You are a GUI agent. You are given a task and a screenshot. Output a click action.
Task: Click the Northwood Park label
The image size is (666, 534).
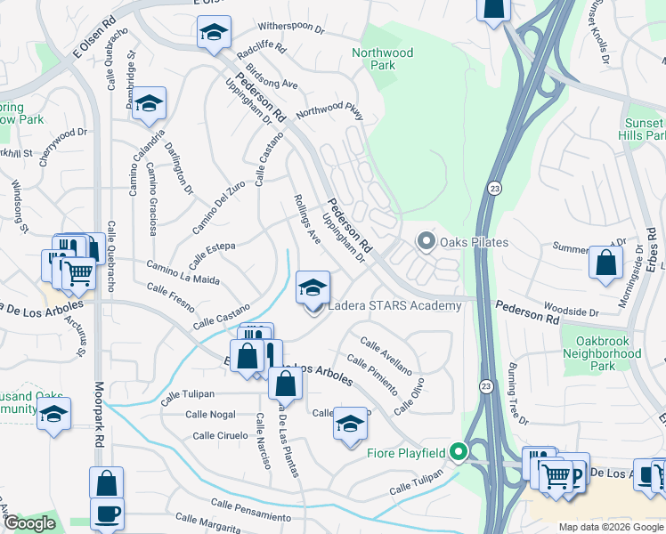pos(382,59)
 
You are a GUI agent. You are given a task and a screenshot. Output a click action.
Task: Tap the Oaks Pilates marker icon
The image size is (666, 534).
pos(426,242)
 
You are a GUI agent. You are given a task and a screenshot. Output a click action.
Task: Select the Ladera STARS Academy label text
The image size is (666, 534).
pos(395,306)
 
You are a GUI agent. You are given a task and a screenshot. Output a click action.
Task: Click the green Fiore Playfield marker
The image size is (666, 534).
pos(459,453)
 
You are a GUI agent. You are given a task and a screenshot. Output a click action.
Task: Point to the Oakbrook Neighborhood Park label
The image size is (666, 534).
pos(603,353)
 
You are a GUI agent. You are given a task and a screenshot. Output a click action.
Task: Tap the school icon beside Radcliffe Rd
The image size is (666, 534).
pos(214,34)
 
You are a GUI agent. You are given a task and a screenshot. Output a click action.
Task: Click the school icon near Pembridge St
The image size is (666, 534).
pos(150,102)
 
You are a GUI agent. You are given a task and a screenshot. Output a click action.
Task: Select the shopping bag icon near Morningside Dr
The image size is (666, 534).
pos(605,263)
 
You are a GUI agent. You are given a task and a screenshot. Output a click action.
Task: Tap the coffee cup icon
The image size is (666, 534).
pos(107,514)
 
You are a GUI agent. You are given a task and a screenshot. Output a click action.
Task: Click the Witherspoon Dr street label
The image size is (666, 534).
pos(290,28)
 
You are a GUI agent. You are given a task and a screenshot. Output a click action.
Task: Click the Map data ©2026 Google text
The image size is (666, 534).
pos(610,527)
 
